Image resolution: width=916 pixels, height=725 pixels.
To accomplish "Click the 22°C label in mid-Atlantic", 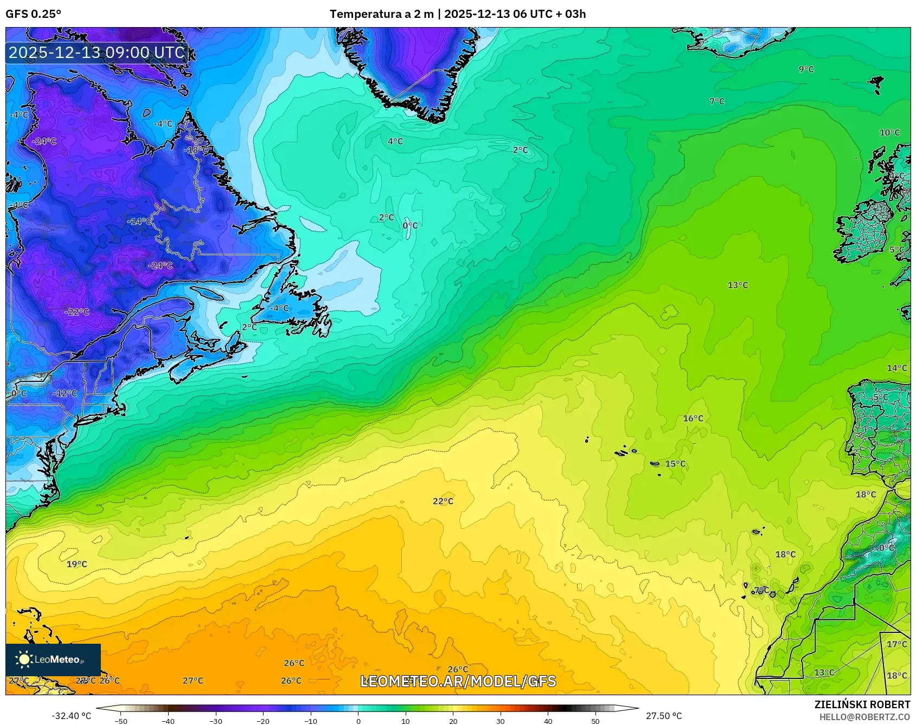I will [443, 501].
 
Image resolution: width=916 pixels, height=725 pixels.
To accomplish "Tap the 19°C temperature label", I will [76, 564].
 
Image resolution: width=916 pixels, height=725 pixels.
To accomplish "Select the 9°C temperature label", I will [806, 69].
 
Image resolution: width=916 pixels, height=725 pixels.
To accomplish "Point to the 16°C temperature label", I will [693, 418].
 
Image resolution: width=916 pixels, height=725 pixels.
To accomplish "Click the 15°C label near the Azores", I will [675, 464].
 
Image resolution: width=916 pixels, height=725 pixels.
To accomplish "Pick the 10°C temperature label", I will [889, 133].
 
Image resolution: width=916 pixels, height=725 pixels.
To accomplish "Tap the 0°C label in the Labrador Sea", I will [410, 225].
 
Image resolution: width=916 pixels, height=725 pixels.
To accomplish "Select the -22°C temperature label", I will [76, 312].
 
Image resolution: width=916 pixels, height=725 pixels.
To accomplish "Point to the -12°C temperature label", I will [65, 393].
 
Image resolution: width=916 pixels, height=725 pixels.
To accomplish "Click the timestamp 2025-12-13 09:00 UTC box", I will [97, 53].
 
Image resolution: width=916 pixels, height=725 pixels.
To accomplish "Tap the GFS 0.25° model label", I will [34, 14].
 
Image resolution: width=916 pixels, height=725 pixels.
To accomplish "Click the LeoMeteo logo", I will [53, 659].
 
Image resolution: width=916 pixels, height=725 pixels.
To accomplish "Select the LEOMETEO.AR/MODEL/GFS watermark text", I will [458, 681].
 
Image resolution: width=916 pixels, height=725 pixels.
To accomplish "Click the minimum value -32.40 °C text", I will [71, 716].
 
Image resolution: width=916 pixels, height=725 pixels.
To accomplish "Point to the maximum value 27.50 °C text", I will [663, 716].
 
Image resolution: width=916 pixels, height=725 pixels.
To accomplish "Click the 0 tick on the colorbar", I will [358, 721].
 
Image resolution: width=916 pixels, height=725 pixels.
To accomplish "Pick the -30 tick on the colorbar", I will [216, 721].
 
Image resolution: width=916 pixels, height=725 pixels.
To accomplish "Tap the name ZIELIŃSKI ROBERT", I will [862, 704].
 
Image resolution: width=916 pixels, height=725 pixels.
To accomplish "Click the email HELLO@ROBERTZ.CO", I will [864, 717].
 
